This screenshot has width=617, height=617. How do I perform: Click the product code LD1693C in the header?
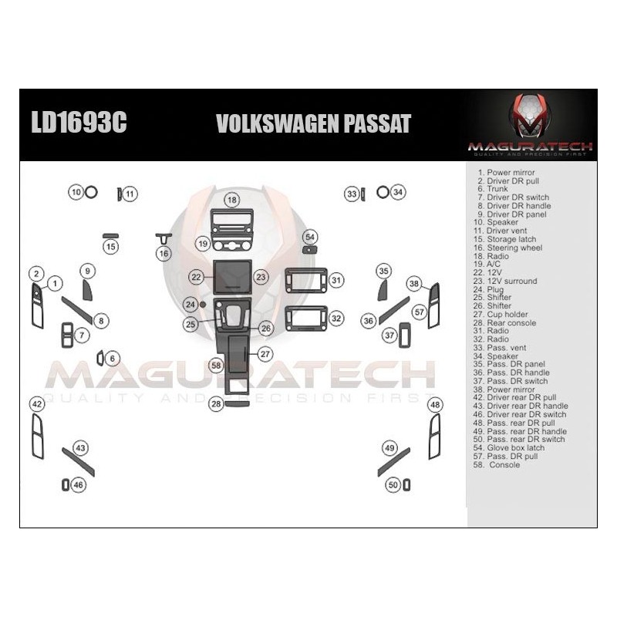click(79, 122)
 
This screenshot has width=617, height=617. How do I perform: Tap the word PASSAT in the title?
click(377, 123)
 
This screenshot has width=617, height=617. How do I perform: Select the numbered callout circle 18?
click(232, 200)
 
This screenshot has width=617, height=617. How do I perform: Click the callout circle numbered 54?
click(310, 237)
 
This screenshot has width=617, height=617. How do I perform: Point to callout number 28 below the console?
click(217, 403)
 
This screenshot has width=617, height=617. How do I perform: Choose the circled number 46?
click(79, 485)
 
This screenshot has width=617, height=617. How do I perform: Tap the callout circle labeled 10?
click(76, 192)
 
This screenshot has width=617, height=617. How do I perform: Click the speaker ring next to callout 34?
click(383, 192)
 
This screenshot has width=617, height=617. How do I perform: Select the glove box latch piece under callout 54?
click(310, 249)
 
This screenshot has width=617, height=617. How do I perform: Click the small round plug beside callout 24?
click(203, 304)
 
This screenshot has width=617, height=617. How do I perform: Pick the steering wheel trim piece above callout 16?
click(164, 238)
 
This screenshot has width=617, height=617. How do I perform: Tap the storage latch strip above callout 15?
click(110, 236)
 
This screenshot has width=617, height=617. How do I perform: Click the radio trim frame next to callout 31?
click(306, 281)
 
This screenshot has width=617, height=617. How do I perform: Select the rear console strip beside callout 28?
click(238, 403)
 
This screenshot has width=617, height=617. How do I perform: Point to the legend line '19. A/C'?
click(487, 264)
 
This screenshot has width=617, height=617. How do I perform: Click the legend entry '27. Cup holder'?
click(501, 315)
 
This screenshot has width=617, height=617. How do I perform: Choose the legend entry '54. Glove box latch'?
click(509, 448)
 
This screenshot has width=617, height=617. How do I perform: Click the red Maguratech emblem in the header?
click(530, 116)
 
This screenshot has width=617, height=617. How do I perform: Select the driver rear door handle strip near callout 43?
click(79, 462)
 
